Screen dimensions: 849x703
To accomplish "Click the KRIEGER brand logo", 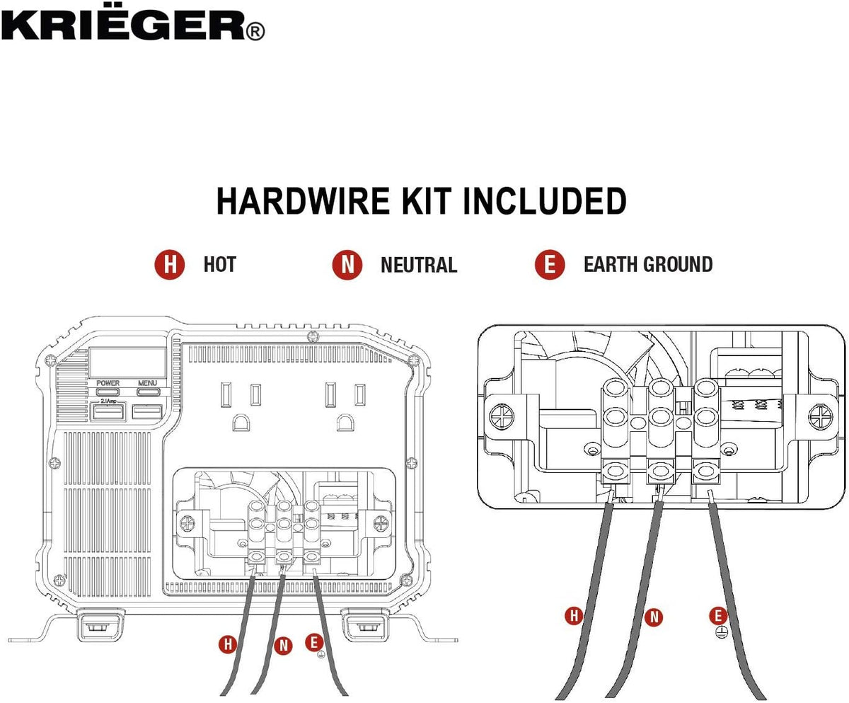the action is click(133, 23).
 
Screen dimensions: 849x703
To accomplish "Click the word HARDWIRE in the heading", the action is click(303, 201).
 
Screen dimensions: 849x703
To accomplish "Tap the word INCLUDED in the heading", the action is click(545, 201).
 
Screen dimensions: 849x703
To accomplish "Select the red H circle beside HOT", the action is click(170, 265).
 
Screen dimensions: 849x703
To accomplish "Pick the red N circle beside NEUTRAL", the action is click(347, 265).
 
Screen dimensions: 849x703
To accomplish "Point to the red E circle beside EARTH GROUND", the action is click(550, 265).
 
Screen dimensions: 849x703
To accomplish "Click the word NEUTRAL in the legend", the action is click(419, 265).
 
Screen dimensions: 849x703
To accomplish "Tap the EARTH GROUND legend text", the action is click(648, 265).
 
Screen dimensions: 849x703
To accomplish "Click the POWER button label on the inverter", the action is click(108, 383).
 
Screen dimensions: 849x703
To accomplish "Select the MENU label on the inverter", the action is click(147, 383).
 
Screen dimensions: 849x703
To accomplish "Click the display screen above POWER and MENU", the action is click(127, 362).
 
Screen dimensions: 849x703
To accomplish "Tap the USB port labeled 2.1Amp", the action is click(108, 412).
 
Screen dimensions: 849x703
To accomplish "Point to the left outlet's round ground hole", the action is click(241, 423).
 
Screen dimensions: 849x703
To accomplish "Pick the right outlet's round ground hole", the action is click(345, 423).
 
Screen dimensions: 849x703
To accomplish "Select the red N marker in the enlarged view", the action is click(654, 617).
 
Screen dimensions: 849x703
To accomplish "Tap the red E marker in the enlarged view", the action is click(718, 615).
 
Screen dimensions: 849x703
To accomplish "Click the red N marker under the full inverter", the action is click(283, 646).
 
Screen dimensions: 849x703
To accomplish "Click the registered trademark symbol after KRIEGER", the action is click(255, 32).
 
